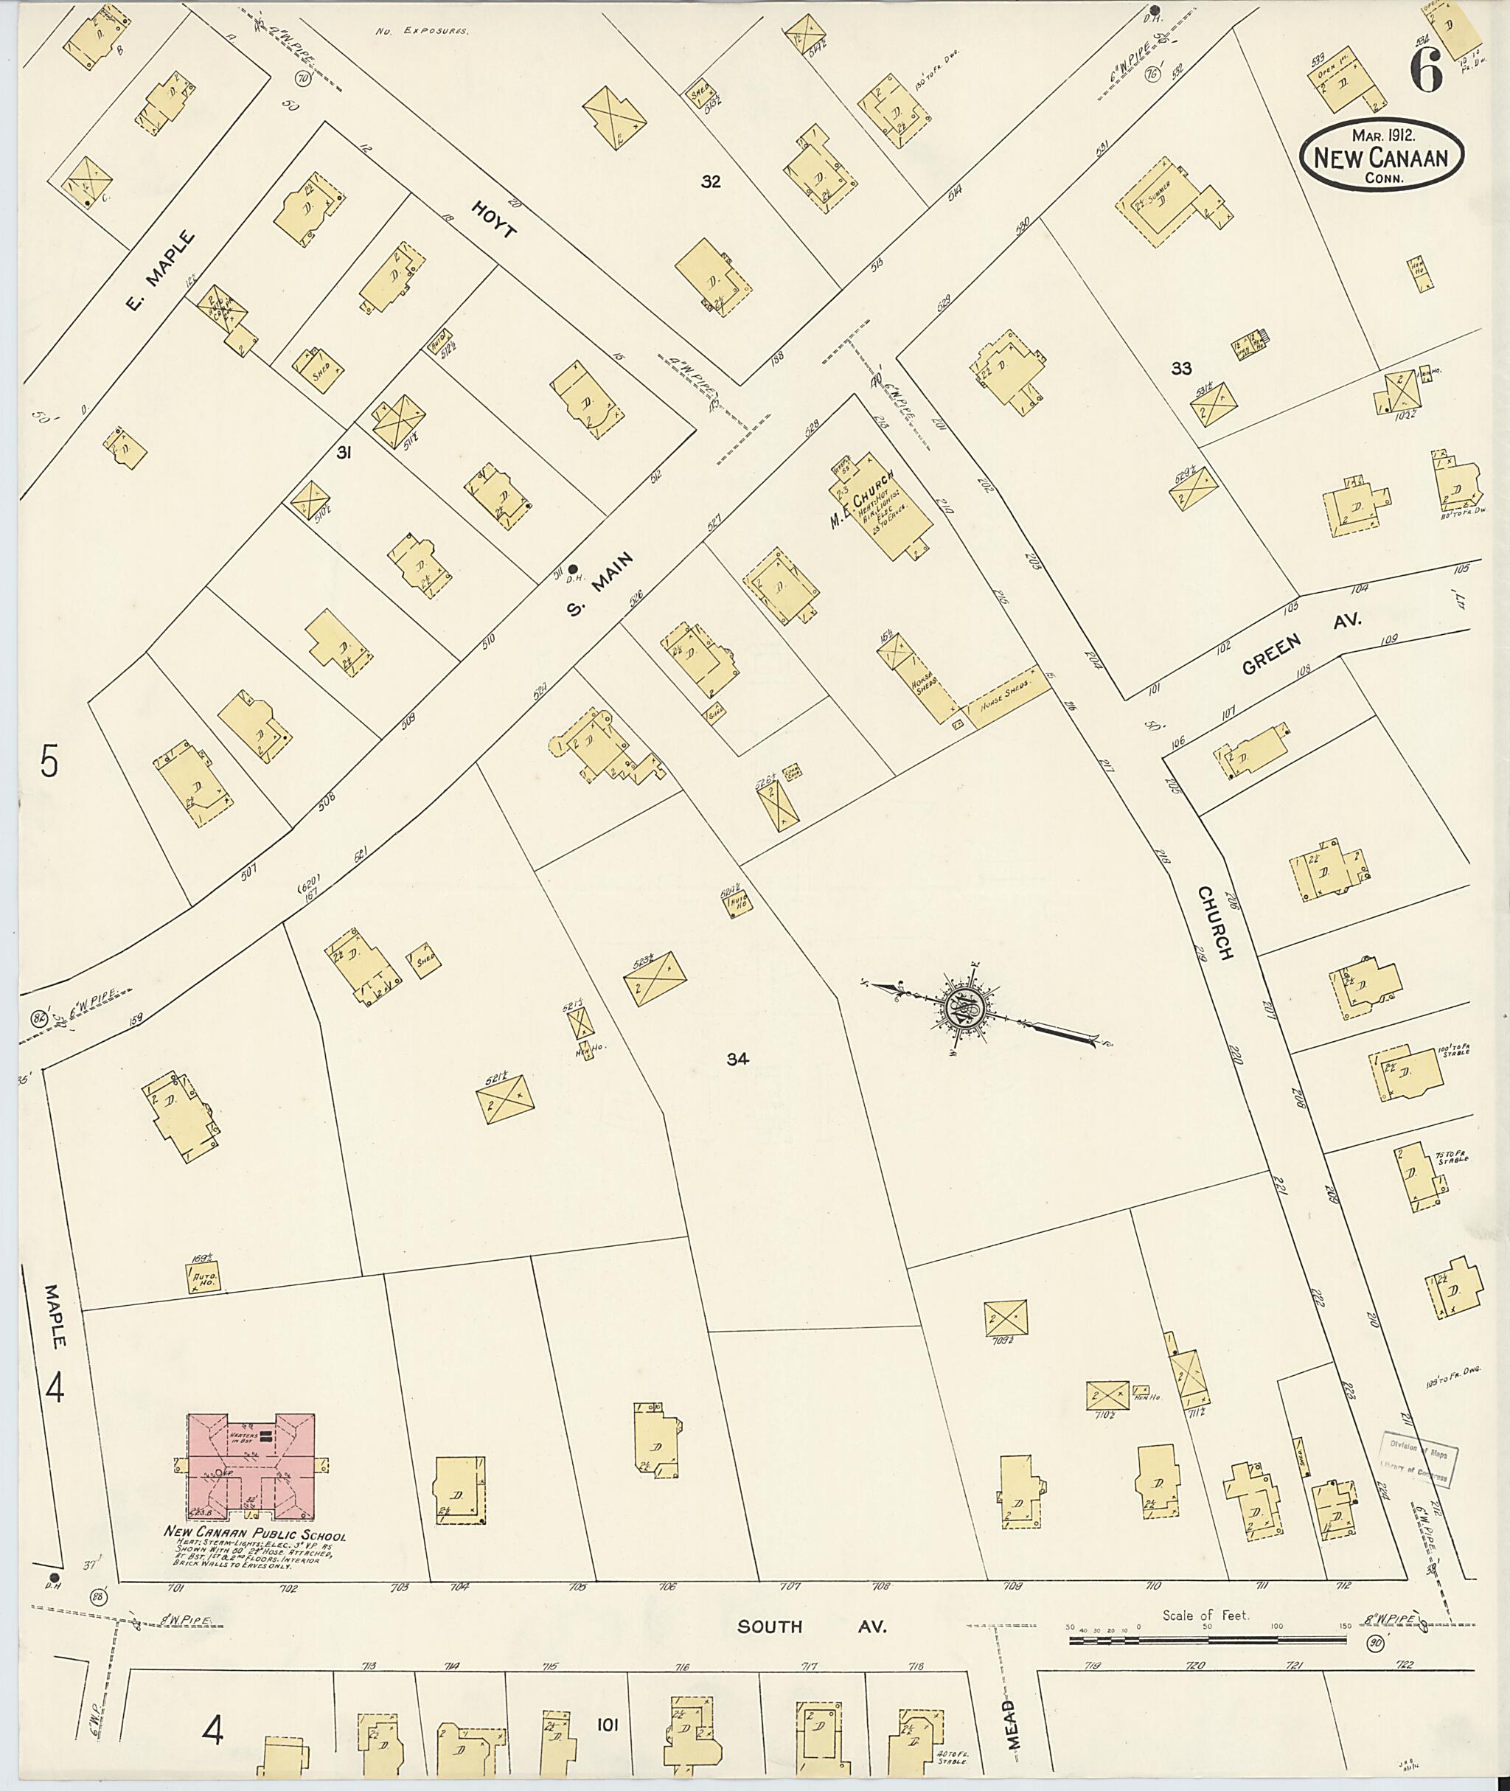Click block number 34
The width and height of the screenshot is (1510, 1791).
coord(738,1059)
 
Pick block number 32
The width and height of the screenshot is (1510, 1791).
coord(711,181)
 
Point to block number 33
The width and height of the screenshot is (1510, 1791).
coord(1181,369)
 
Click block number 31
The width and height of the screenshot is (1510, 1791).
coord(344,452)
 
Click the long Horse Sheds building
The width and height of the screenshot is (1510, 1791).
coord(1006,692)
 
